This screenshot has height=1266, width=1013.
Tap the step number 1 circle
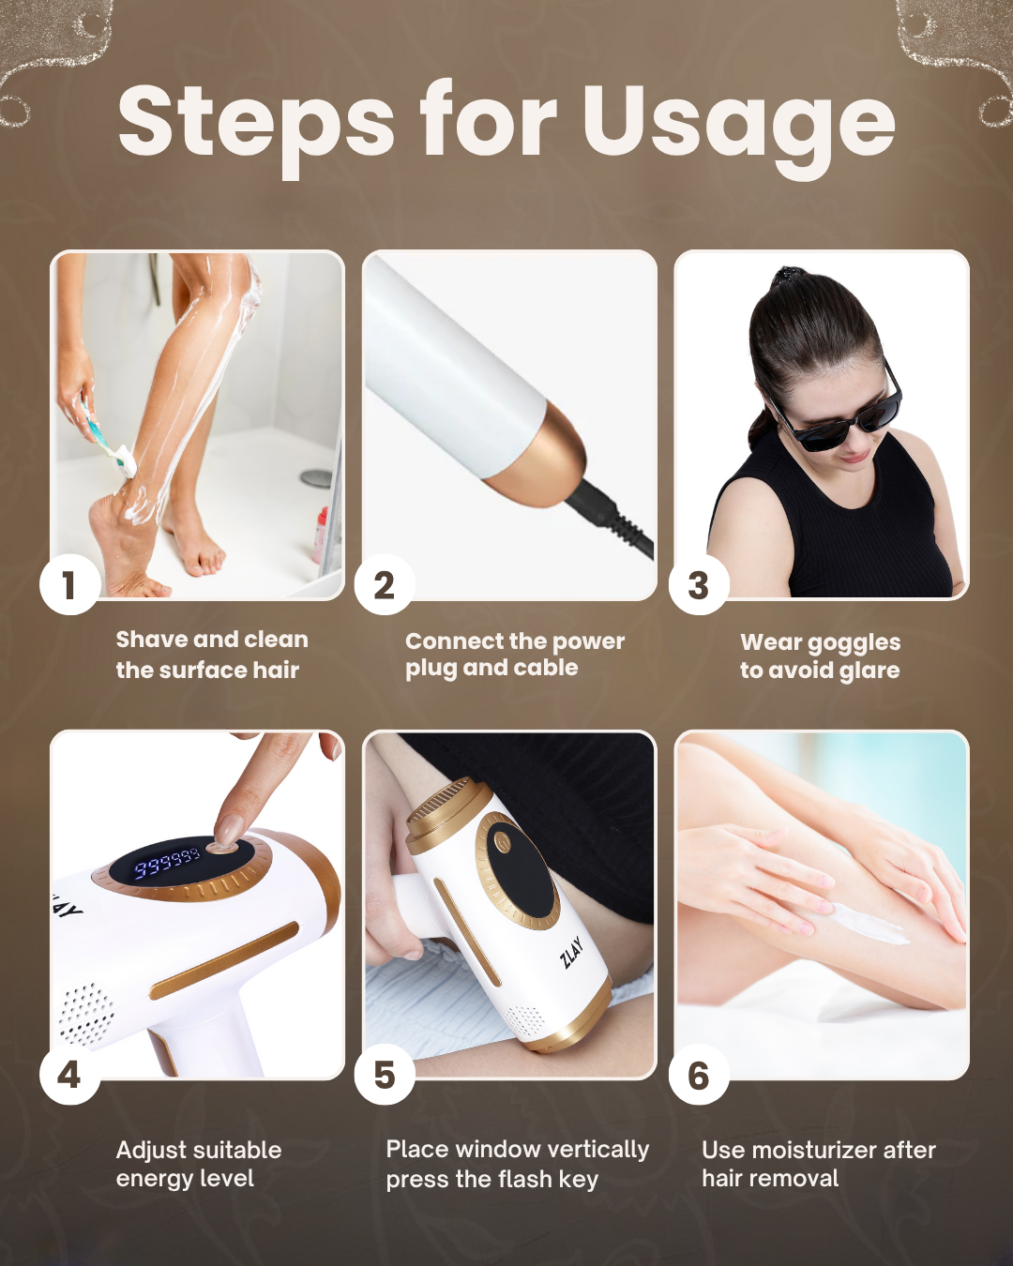click(x=69, y=585)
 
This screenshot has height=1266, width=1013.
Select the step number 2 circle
click(x=385, y=585)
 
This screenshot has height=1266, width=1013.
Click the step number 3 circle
click(x=699, y=585)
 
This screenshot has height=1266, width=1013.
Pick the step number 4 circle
click(x=69, y=1076)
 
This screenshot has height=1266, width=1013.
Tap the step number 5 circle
click(x=385, y=1076)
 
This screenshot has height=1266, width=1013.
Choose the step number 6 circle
click(x=699, y=1076)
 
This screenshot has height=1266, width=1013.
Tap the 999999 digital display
click(x=167, y=863)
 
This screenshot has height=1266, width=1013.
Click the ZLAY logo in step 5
click(x=571, y=952)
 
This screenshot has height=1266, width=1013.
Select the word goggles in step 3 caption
click(x=861, y=643)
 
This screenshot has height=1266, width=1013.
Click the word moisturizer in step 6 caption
click(x=819, y=1150)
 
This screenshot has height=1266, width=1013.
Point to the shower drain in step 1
click(x=317, y=477)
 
